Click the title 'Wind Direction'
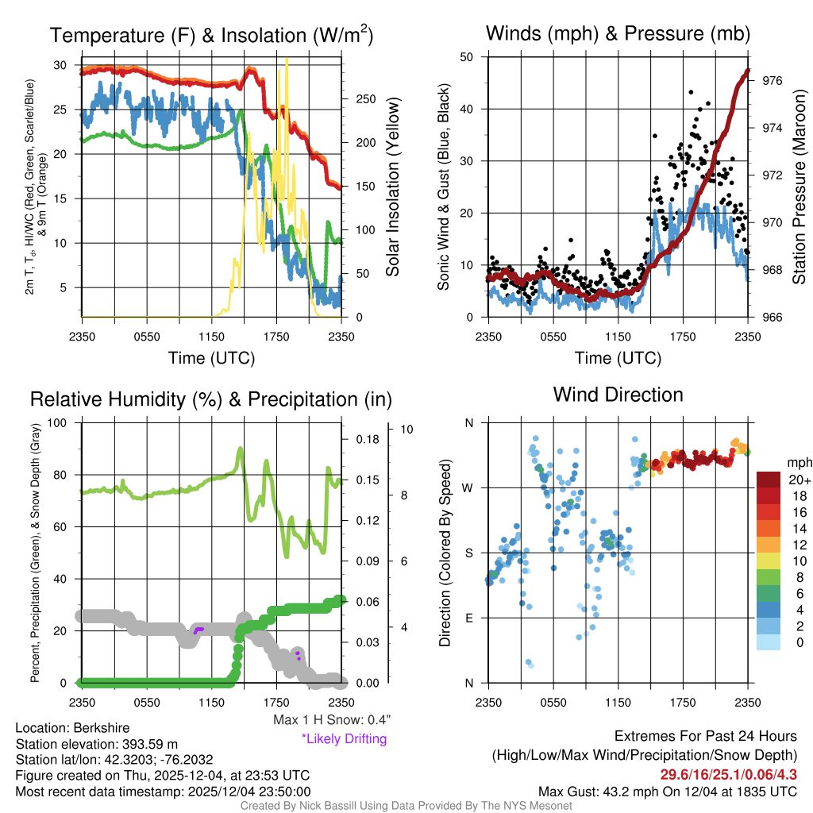(618, 395)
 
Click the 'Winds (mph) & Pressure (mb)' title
(618, 33)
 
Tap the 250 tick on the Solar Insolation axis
(364, 99)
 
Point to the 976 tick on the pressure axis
(772, 80)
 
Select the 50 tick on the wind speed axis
(467, 57)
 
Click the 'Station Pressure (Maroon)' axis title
(799, 187)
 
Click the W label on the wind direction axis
(469, 487)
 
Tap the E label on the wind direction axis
(469, 618)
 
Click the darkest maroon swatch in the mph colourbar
(769, 480)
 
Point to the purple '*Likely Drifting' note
(344, 739)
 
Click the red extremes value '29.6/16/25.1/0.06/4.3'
(728, 774)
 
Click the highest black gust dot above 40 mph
(691, 92)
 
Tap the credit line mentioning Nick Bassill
(406, 805)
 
